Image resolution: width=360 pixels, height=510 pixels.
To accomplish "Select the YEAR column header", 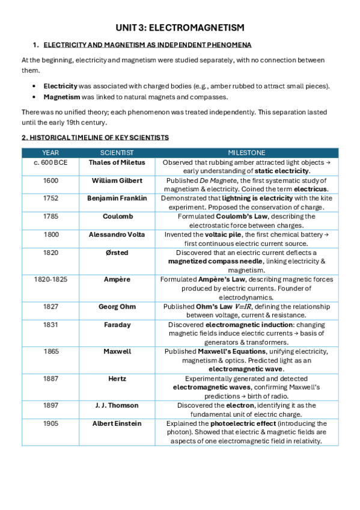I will click(51, 153).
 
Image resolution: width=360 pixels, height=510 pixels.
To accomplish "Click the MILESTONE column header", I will click(246, 153).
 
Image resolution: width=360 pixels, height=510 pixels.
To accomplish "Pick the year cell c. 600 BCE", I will click(51, 163).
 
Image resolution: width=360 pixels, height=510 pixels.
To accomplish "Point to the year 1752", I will click(51, 198).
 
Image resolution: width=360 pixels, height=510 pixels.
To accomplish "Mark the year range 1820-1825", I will click(51, 279).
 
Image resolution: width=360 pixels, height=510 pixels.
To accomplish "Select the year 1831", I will click(51, 324).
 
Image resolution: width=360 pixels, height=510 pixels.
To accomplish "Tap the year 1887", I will click(51, 379).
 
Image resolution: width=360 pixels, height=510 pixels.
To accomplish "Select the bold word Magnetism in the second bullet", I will click(60, 97).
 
